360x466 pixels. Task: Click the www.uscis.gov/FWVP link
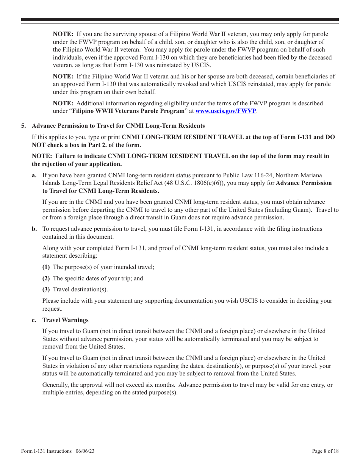click(x=225, y=111)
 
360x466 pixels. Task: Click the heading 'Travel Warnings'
click(x=65, y=320)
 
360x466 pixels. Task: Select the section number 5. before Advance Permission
click(x=23, y=126)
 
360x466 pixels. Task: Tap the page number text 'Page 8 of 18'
click(x=325, y=451)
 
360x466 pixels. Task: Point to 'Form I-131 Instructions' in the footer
click(x=46, y=451)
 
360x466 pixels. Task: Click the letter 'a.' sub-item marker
click(x=34, y=175)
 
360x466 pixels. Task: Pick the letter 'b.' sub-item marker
click(x=34, y=229)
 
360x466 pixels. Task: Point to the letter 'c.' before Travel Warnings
click(x=34, y=320)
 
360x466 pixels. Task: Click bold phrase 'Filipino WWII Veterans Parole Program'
click(x=128, y=111)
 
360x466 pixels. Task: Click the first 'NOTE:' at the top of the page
click(x=63, y=34)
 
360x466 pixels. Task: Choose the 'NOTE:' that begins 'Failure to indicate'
click(x=42, y=156)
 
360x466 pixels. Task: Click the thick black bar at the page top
click(x=180, y=20)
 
